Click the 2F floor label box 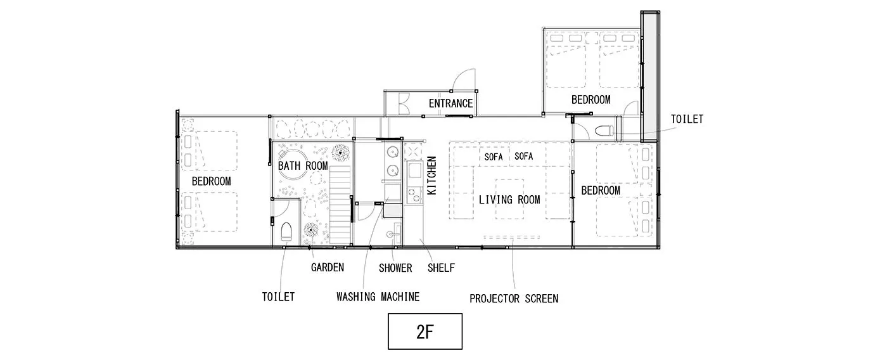pos(425,331)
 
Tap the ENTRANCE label pos(450,104)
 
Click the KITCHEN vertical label pos(432,176)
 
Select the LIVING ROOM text pos(509,200)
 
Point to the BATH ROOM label pos(303,165)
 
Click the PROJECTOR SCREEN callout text pos(514,299)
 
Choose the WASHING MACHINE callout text pos(378,297)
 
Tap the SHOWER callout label pos(395,268)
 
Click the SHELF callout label pos(441,268)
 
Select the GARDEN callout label pos(328,267)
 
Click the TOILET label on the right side pos(687,119)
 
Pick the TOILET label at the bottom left pos(278,297)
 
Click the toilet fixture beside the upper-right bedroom pos(604,131)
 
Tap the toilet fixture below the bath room pos(286,232)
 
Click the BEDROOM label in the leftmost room pos(212,181)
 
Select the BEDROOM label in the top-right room pos(590,100)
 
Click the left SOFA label pos(494,157)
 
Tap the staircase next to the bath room pos(340,205)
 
